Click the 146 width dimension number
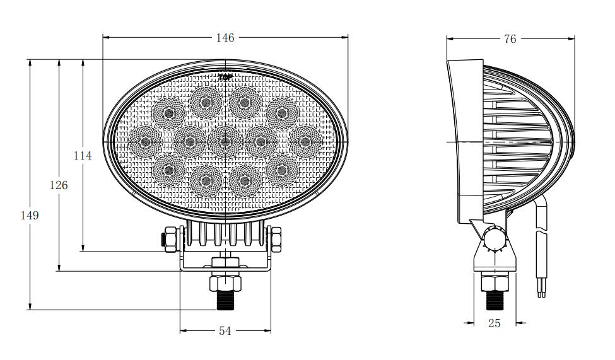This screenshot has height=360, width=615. [225, 38]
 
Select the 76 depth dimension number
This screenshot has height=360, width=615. [510, 39]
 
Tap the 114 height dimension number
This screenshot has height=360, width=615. [83, 156]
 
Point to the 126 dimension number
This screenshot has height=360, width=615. [59, 185]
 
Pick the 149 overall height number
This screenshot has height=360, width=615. [30, 215]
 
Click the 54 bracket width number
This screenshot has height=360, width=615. [225, 331]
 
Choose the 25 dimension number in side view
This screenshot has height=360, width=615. [494, 323]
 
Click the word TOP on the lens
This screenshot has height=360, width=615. [225, 77]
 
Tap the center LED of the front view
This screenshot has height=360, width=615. [225, 141]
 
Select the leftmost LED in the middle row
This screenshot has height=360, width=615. [145, 141]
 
